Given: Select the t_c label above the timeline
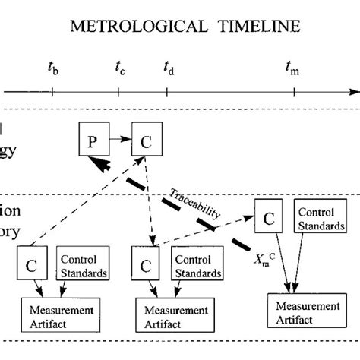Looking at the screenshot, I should pyautogui.click(x=120, y=69).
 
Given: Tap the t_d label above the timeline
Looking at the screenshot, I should pyautogui.click(x=169, y=69).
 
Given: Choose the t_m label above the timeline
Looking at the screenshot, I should pyautogui.click(x=292, y=69).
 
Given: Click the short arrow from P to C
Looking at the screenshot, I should pyautogui.click(x=118, y=140).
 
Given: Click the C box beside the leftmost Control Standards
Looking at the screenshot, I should pyautogui.click(x=31, y=266).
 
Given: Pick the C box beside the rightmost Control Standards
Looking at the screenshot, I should pyautogui.click(x=269, y=218).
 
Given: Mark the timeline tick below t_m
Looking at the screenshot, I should pyautogui.click(x=294, y=93).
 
